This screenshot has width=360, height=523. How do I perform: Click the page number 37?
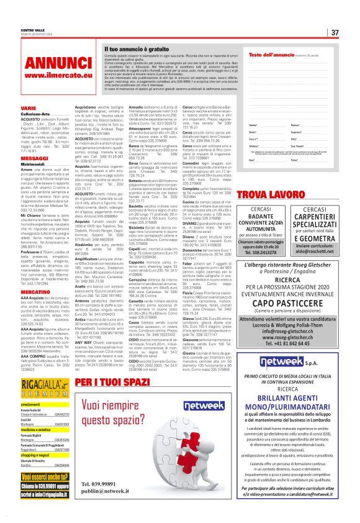pos(335,32)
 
